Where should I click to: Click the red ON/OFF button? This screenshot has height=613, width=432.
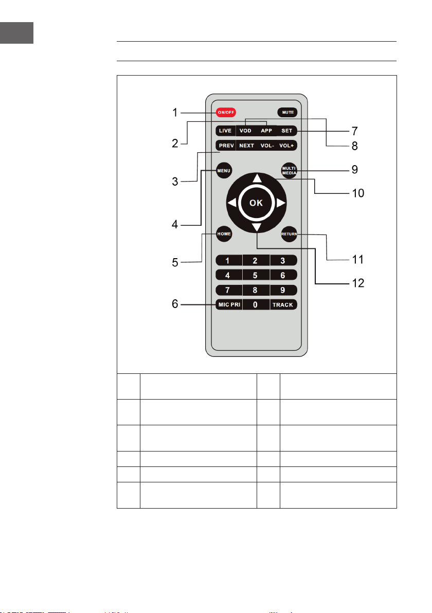point(226,112)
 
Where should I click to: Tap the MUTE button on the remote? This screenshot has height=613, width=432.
point(287,112)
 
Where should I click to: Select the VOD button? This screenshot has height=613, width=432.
point(245,131)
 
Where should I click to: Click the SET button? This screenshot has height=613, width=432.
point(287,131)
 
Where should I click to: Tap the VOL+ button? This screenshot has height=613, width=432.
point(286,146)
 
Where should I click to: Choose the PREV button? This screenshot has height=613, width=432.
point(226,146)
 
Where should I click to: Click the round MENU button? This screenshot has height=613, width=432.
point(224,170)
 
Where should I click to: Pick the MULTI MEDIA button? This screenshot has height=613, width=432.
point(290,170)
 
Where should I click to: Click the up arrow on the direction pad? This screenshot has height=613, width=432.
point(257,178)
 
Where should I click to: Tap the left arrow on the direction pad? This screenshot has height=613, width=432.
point(232,203)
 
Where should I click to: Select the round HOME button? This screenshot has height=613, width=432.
point(224,234)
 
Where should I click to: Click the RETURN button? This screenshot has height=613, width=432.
point(290,234)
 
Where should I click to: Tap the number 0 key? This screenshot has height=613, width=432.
point(256,304)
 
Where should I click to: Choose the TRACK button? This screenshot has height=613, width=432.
point(283,304)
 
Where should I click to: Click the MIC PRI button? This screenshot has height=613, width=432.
point(229,304)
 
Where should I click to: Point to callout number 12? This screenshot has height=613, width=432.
point(358,283)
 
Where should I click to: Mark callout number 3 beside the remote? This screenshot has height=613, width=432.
point(175,182)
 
